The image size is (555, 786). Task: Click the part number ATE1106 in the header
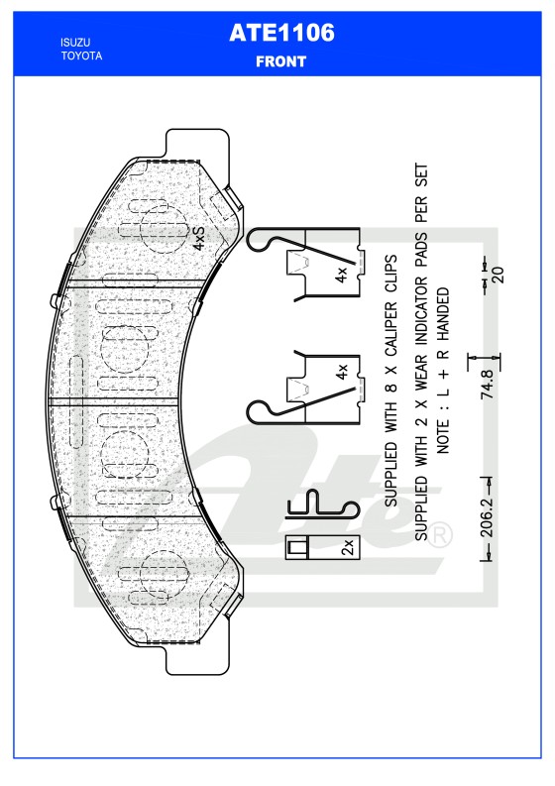coord(281,33)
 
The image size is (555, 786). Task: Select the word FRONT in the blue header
coord(281,60)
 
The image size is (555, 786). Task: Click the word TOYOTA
coord(81,56)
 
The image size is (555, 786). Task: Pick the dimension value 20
coord(499,275)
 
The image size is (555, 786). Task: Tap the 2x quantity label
coord(347,547)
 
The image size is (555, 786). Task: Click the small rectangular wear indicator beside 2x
coord(296,547)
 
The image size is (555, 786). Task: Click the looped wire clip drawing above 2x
coord(319,505)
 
